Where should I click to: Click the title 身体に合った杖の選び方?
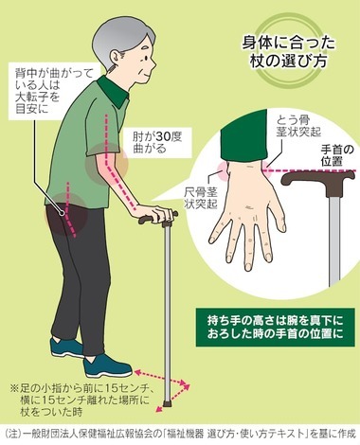pyautogui.click(x=288, y=52)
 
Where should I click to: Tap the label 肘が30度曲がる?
pyautogui.click(x=157, y=143)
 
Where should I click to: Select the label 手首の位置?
pyautogui.click(x=337, y=155)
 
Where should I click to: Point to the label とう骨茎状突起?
pyautogui.click(x=298, y=125)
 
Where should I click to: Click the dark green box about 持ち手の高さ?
pyautogui.click(x=275, y=328)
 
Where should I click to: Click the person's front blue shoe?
pyautogui.click(x=107, y=366)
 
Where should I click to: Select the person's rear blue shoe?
pyautogui.click(x=65, y=347)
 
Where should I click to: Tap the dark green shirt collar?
pyautogui.click(x=114, y=91)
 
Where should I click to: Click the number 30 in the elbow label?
pyautogui.click(x=163, y=137)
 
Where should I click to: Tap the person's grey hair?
pyautogui.click(x=120, y=38)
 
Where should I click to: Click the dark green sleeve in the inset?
pyautogui.click(x=244, y=138)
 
